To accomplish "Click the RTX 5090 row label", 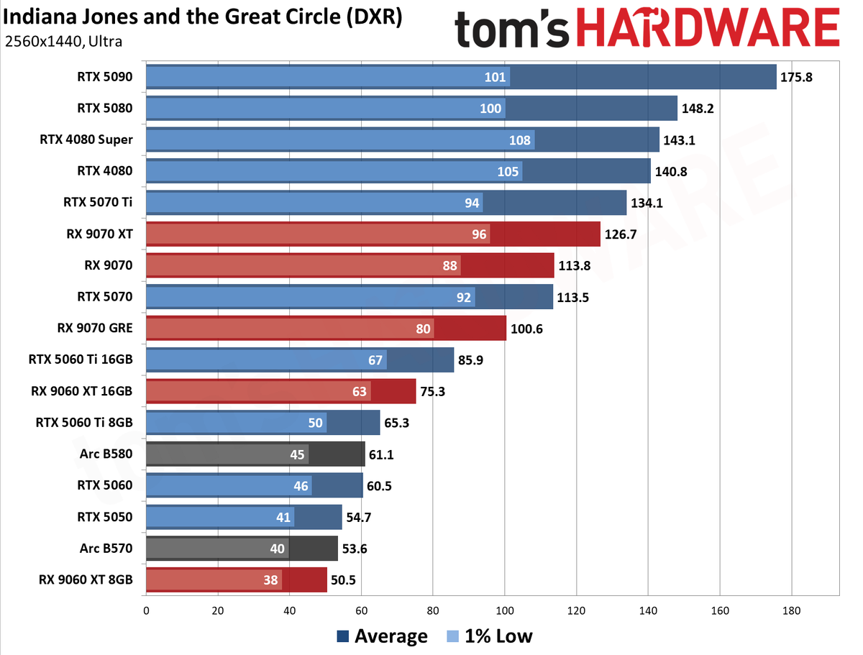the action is [104, 77].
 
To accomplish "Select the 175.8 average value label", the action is [796, 77].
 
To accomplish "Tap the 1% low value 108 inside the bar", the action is [519, 140].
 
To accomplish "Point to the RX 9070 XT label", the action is [99, 234].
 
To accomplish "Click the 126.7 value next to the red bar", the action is [620, 234].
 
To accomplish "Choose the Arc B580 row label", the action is [106, 454].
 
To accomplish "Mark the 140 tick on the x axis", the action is [648, 610].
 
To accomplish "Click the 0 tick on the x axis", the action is [146, 610].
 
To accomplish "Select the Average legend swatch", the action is [343, 636].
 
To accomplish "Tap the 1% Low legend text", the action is [498, 636].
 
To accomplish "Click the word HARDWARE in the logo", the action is [708, 28].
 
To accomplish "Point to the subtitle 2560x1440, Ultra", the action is [63, 41].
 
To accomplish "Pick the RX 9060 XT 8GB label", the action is [86, 580].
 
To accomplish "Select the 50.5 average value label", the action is [343, 580].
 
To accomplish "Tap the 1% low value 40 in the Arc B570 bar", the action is [277, 549].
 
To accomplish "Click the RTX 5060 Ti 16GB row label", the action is [81, 359].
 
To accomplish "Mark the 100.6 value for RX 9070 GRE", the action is [526, 329].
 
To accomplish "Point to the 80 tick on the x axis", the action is [433, 610].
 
